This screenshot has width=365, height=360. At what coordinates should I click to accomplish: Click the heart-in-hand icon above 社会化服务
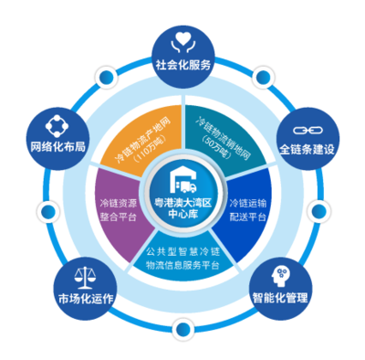point(182,39)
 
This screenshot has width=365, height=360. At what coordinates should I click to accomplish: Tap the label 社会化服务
point(182,66)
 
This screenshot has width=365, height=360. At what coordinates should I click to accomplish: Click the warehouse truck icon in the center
point(182,172)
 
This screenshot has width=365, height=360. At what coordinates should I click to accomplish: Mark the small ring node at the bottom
point(182,326)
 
